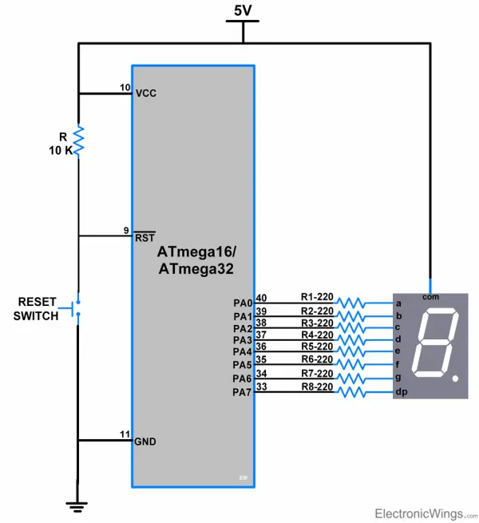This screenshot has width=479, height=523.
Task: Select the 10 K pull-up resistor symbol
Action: click(78, 141)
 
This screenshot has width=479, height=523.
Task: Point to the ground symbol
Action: click(78, 504)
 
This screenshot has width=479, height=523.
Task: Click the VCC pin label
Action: click(146, 93)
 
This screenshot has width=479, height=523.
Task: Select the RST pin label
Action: click(144, 236)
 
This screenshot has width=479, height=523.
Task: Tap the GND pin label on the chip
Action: click(146, 442)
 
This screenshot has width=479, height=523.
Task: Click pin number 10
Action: click(125, 87)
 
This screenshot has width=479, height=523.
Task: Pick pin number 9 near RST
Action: click(126, 231)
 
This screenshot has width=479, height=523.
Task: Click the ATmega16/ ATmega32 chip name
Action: click(196, 261)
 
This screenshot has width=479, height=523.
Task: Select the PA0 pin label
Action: click(243, 303)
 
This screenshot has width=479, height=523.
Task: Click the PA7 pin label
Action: click(243, 391)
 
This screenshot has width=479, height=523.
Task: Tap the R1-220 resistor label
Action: click(316, 296)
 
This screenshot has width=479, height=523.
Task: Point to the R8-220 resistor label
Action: click(316, 386)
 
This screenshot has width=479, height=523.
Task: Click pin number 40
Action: click(261, 298)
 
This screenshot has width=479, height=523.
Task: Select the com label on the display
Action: click(431, 296)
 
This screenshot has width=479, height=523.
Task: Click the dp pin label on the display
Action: click(401, 392)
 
